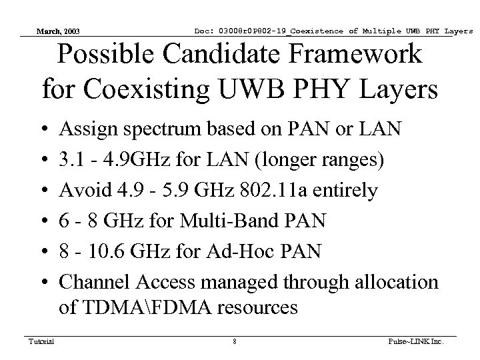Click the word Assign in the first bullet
click(x=83, y=128)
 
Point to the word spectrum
click(x=152, y=129)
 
